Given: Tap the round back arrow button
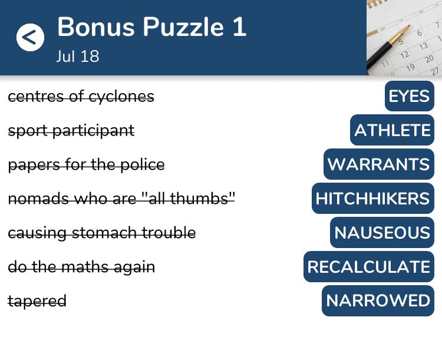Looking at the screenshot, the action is click(30, 37).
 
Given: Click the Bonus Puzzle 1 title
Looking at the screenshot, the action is click(152, 27).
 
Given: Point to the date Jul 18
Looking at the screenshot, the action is click(78, 56).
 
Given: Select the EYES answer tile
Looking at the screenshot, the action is click(410, 96).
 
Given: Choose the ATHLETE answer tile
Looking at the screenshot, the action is click(392, 130).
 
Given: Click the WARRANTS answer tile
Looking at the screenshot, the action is click(379, 164).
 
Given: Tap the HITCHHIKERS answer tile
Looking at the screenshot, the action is click(373, 198).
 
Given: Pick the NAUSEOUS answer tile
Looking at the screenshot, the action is click(382, 233).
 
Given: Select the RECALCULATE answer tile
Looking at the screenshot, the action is click(369, 267).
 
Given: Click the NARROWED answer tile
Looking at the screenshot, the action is click(378, 301).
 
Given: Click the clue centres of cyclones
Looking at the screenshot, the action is click(81, 97).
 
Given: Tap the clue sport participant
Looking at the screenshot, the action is click(71, 131).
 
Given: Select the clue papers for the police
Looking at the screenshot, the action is click(86, 165).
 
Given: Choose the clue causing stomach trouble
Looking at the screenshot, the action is click(102, 233).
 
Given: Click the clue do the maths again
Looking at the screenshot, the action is click(81, 267).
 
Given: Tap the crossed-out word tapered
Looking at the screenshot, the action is click(37, 301).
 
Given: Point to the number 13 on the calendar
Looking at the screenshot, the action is click(423, 46).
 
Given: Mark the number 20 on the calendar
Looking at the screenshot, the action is click(429, 59).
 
